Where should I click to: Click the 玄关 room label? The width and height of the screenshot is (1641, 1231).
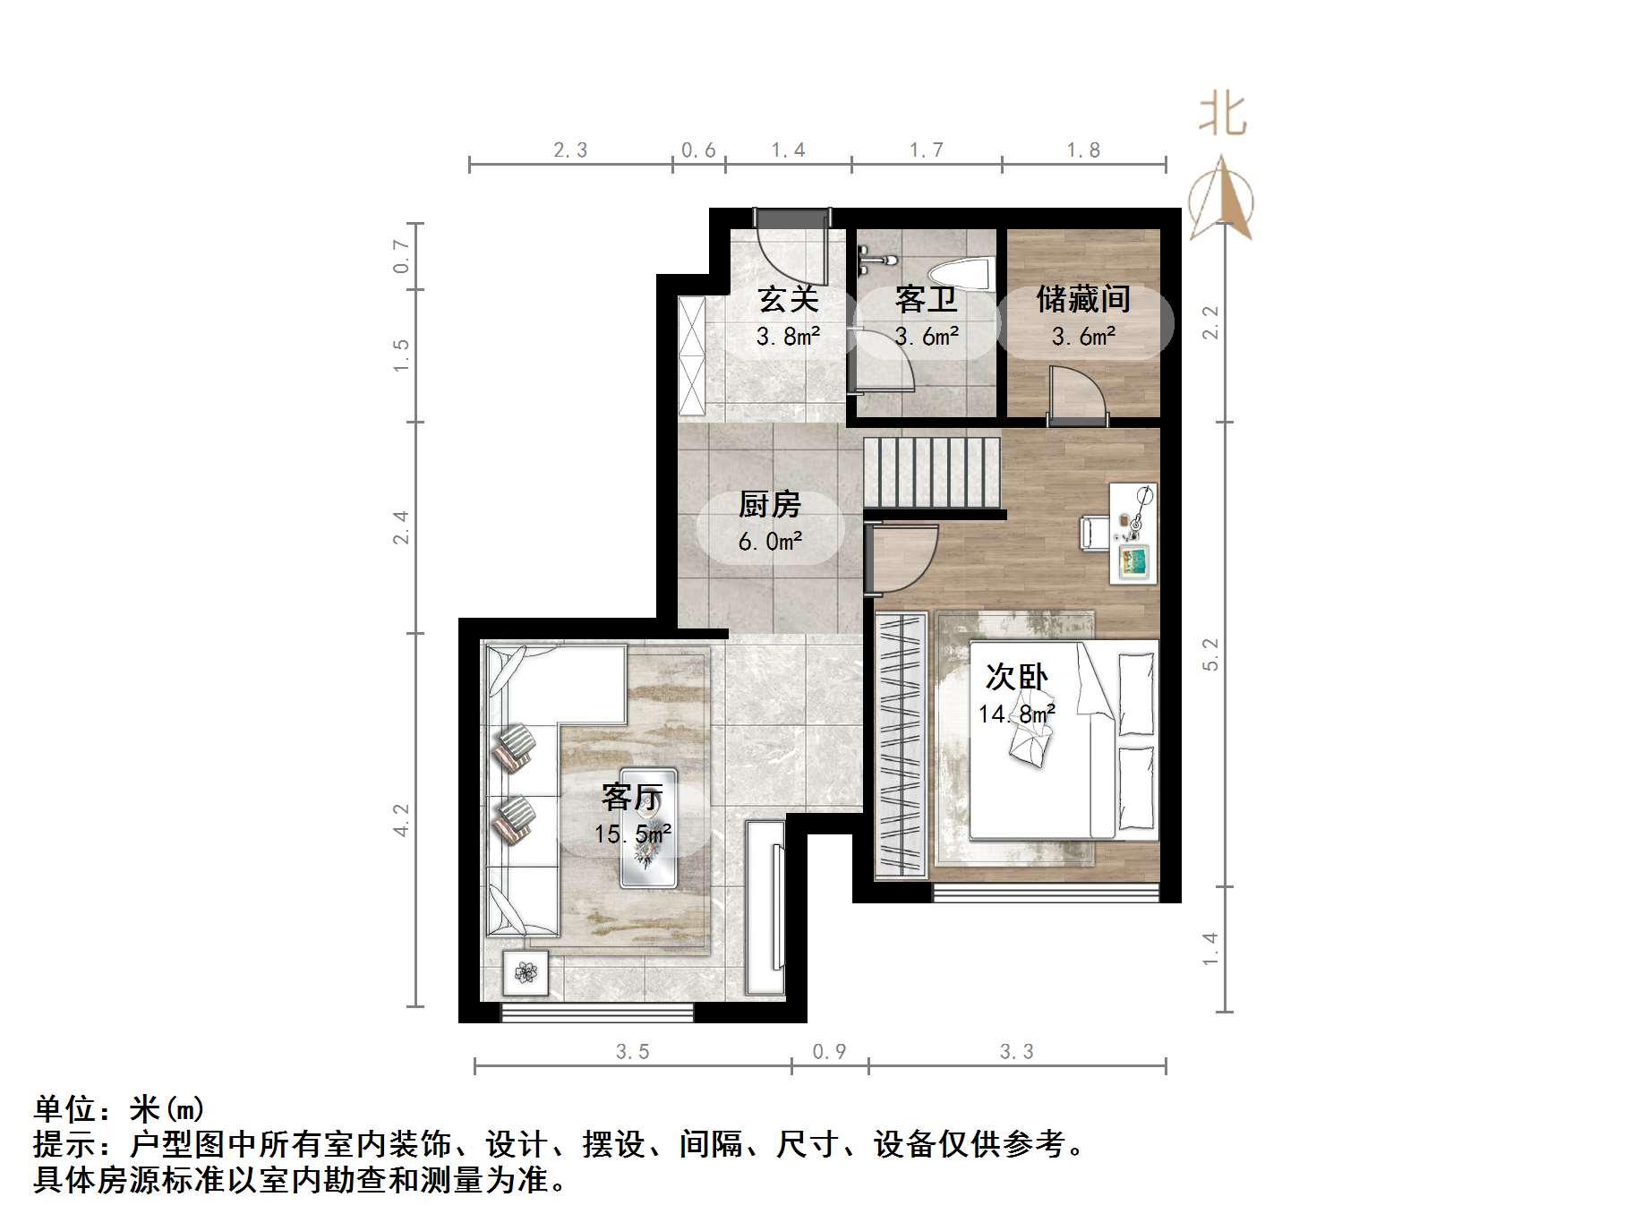point(788,299)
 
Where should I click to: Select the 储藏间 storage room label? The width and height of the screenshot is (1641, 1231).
point(1083,299)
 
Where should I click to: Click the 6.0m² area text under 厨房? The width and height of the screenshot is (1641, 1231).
point(770,542)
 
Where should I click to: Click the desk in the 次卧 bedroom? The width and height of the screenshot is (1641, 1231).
point(1133,534)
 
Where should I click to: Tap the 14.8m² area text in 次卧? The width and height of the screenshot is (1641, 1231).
point(1016,714)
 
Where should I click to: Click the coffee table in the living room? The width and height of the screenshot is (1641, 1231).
point(649,828)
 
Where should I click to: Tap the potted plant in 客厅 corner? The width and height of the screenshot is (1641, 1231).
point(526,971)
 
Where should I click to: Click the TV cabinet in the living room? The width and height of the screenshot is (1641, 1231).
point(765,906)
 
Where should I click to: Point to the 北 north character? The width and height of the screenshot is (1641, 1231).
point(1222,115)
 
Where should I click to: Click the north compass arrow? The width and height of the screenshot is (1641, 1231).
point(1221,199)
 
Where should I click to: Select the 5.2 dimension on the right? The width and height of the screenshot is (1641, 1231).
point(1210,654)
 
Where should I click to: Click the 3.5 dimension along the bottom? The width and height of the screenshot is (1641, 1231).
point(632,1051)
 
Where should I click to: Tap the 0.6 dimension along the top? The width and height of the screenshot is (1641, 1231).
point(698,150)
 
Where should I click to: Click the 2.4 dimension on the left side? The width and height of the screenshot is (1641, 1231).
point(401,526)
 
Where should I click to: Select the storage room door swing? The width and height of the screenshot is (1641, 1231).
point(1078,396)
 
